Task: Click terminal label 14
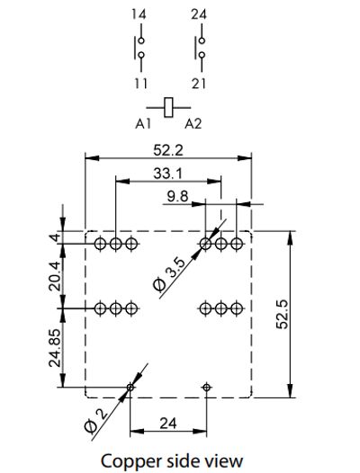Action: [138, 15]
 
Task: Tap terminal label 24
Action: [200, 15]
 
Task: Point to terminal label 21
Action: [200, 83]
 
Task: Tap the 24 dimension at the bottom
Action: [168, 422]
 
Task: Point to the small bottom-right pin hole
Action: [208, 387]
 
